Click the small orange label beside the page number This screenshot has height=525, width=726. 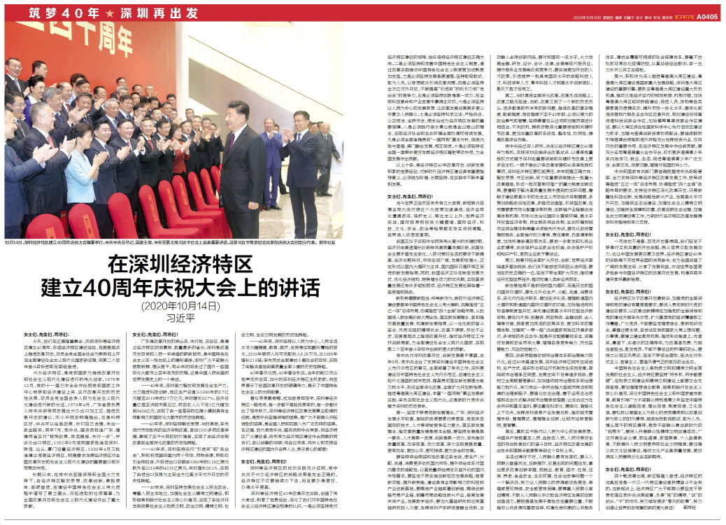point(678,17)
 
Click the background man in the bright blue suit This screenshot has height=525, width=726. point(271,161)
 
